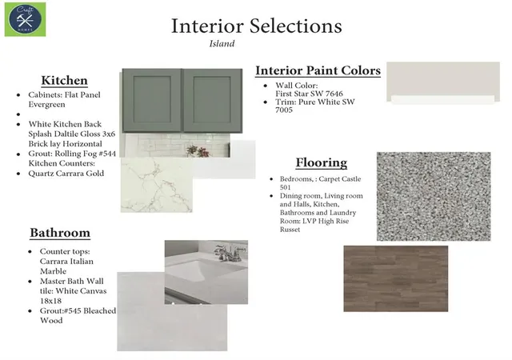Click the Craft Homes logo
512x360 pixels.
(x=25, y=19)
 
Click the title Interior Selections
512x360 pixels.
(x=256, y=26)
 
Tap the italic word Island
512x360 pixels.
(x=222, y=43)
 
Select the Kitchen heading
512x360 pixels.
(x=64, y=80)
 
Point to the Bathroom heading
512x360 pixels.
(x=60, y=233)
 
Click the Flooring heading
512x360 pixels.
(x=322, y=162)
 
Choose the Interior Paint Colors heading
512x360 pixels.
(x=318, y=70)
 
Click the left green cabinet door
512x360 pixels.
(x=152, y=100)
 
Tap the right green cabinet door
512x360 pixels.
(x=212, y=100)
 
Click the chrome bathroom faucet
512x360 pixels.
(x=230, y=253)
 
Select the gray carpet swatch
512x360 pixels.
(x=434, y=196)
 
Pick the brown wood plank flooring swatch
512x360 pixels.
(x=396, y=278)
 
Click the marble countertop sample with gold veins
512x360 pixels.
(x=157, y=185)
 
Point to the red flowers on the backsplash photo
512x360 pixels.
(x=198, y=151)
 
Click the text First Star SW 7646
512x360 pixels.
(x=309, y=94)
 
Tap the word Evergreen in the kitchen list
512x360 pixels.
(x=46, y=105)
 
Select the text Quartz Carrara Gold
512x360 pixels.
(x=66, y=173)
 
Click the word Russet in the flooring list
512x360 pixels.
(x=290, y=230)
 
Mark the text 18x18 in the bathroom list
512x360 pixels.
(x=50, y=301)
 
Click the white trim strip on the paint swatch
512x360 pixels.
(x=442, y=100)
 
